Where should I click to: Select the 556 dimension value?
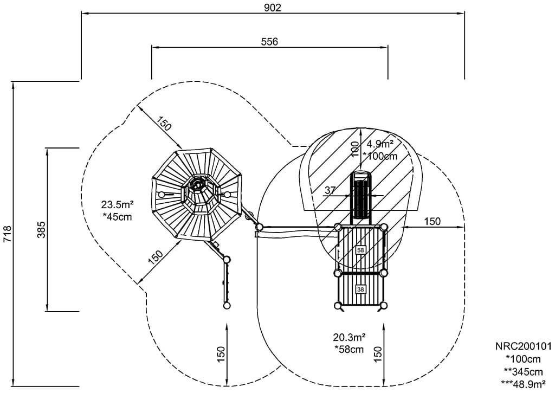coord(269,42)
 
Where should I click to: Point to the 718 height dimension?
coord(7,234)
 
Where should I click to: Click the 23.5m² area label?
coord(117,205)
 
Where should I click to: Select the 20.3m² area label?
coord(350,337)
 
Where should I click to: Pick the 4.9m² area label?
coord(380,144)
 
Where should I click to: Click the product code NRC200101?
coord(522,346)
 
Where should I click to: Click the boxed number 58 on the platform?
coord(361,250)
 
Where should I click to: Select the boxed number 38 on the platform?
coord(361,289)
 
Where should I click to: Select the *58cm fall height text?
coord(349,349)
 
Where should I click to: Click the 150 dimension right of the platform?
coord(432,221)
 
